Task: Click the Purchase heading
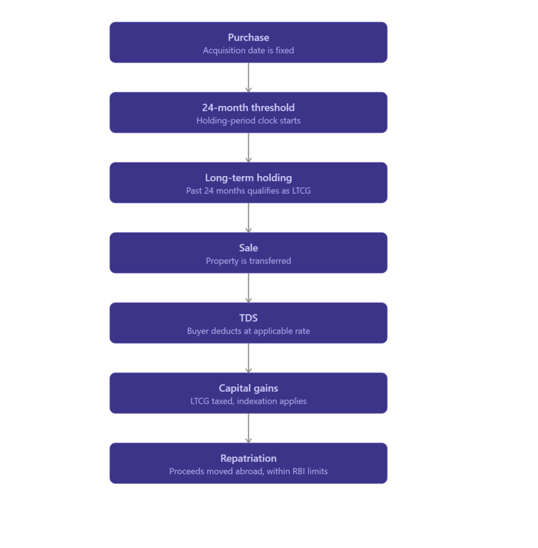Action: click(248, 37)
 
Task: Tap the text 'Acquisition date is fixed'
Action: click(248, 50)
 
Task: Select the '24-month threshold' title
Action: click(248, 107)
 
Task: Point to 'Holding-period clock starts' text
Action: click(248, 120)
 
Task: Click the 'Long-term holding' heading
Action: click(248, 178)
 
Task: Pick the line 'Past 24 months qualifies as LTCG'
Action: click(248, 191)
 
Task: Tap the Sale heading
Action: click(248, 248)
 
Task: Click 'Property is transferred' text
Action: click(248, 261)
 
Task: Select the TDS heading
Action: click(248, 318)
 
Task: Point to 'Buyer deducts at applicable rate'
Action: click(248, 331)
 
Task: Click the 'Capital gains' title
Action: click(248, 389)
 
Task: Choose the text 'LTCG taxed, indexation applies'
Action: click(248, 401)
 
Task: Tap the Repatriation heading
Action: click(248, 458)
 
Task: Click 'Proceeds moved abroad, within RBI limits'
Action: click(248, 471)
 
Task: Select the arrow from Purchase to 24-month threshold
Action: click(248, 78)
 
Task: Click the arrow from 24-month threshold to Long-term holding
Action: click(248, 148)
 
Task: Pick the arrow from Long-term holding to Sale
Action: click(248, 218)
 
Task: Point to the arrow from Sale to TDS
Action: click(248, 288)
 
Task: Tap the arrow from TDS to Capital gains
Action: click(248, 358)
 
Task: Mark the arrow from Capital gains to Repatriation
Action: click(248, 428)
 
